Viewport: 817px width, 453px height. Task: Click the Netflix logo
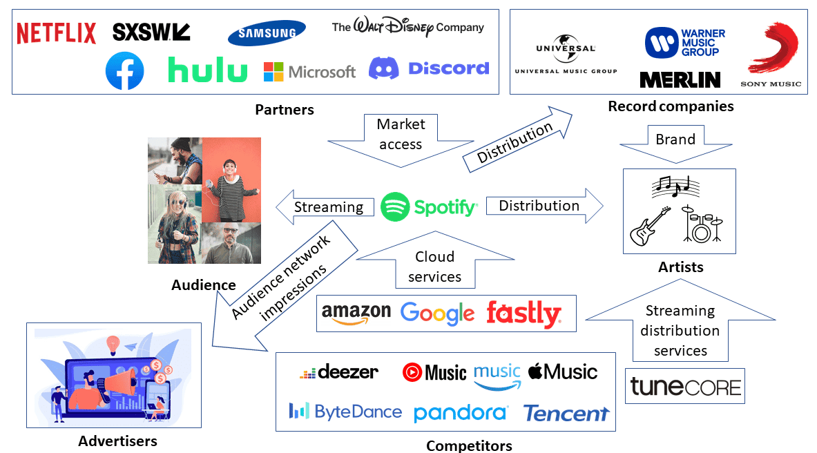[57, 33]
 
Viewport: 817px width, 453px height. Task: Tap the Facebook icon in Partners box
[124, 71]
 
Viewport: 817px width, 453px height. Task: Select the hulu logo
[207, 70]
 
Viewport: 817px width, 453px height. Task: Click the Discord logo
[429, 68]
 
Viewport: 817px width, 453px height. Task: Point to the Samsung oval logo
[267, 32]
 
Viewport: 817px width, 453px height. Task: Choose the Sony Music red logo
[773, 52]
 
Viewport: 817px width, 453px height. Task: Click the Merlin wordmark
[680, 80]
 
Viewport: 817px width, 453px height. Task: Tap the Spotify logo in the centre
[429, 206]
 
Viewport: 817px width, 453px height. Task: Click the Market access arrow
[401, 138]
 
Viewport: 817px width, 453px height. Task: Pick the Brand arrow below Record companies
[675, 142]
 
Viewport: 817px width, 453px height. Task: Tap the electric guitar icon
[650, 226]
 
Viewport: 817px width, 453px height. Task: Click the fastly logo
[523, 314]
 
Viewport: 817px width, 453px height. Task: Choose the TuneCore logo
[686, 387]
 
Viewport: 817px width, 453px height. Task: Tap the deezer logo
[339, 373]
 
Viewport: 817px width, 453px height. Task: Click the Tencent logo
[566, 413]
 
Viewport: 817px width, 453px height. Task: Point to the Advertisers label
[117, 441]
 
